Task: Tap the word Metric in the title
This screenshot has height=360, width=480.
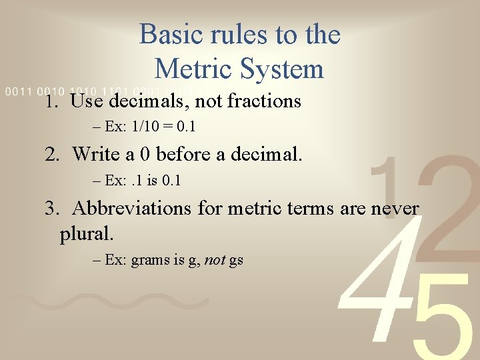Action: click(x=194, y=69)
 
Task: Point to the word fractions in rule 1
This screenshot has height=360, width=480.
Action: click(x=264, y=101)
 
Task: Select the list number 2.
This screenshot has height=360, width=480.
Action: click(x=51, y=155)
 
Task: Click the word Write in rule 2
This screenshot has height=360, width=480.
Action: click(x=95, y=155)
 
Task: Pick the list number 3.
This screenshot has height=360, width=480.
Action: click(x=51, y=208)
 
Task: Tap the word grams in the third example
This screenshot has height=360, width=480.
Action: click(x=151, y=261)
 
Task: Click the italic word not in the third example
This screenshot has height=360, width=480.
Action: click(x=215, y=260)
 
